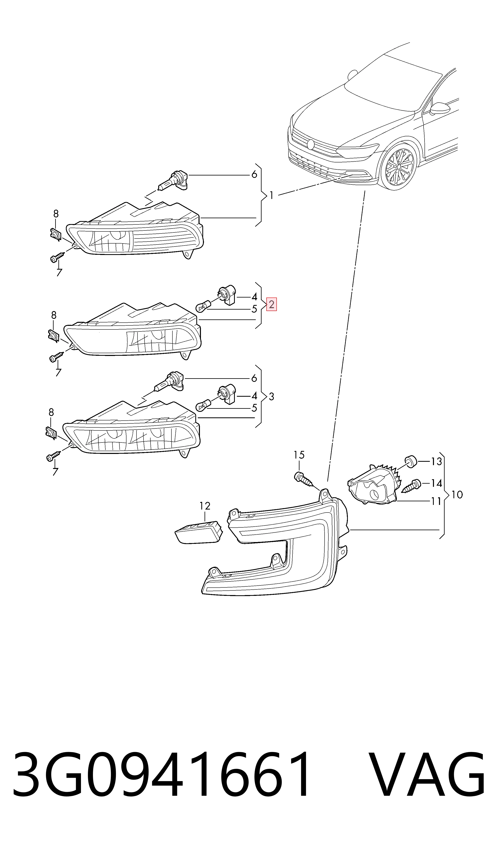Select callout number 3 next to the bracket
tap(272, 397)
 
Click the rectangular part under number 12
tap(199, 533)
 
